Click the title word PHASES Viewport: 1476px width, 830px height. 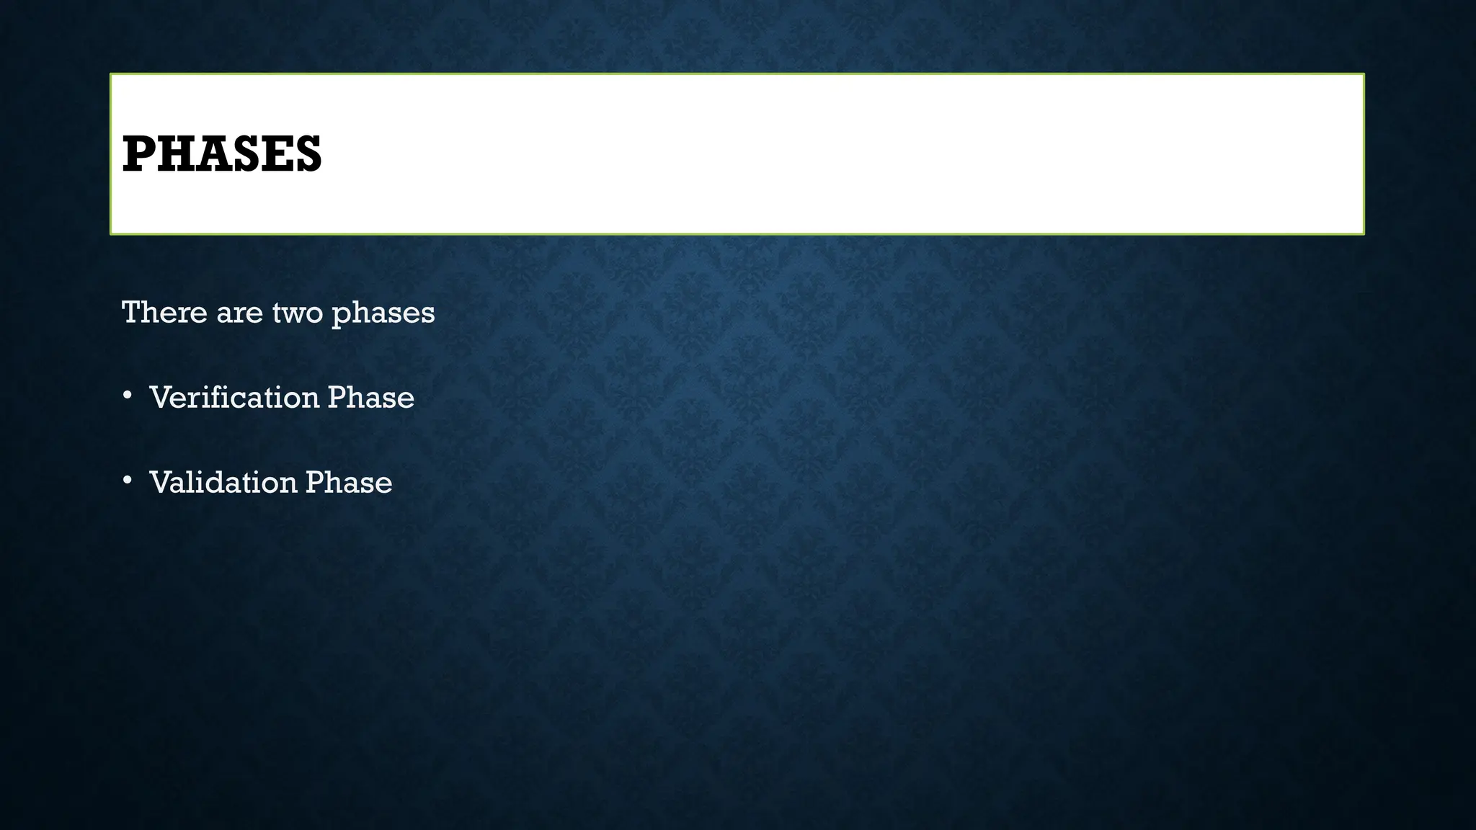(x=222, y=154)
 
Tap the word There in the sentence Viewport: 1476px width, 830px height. (x=164, y=313)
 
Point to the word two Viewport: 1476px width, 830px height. (x=297, y=313)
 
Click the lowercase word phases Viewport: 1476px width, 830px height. (x=383, y=314)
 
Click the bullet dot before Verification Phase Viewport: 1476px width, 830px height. (x=128, y=395)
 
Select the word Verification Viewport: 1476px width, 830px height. (x=234, y=398)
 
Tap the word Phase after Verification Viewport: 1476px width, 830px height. (x=370, y=398)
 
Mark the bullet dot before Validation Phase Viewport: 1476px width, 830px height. (x=128, y=480)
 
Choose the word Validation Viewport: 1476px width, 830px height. (x=223, y=483)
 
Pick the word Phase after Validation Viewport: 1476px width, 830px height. (x=349, y=483)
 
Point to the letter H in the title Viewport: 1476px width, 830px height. (x=172, y=154)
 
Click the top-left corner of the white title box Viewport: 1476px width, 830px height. (x=112, y=75)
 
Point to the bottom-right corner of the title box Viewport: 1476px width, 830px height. (x=1363, y=233)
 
